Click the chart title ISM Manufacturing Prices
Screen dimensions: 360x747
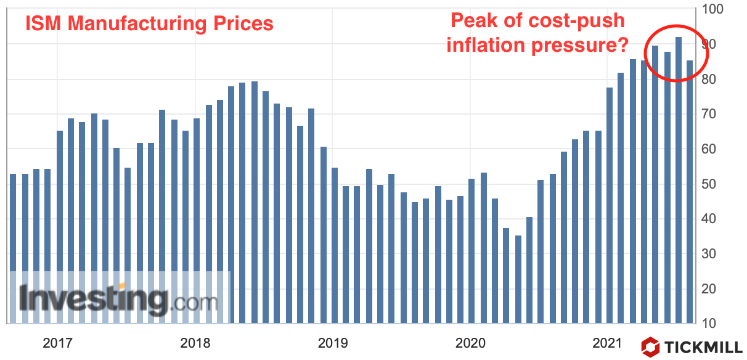(x=149, y=23)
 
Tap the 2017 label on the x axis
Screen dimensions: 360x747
(x=57, y=342)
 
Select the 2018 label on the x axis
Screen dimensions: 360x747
(x=195, y=342)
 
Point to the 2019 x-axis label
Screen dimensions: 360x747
(x=333, y=342)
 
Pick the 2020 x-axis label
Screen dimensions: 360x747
(x=471, y=342)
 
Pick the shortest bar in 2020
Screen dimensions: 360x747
(x=518, y=277)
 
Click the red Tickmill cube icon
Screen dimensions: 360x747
(x=650, y=346)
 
